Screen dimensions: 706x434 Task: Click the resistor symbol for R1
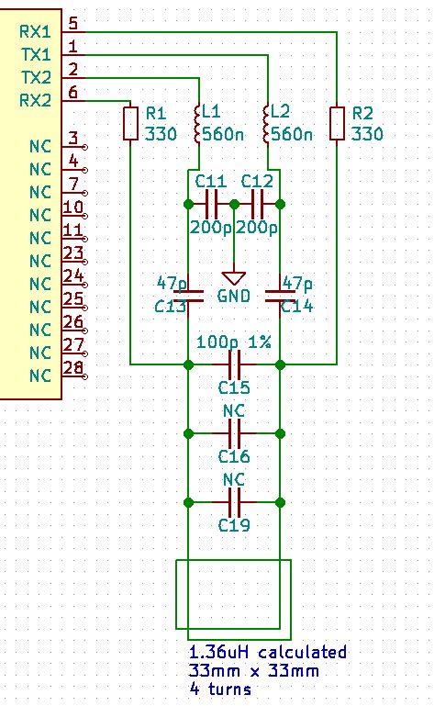point(130,124)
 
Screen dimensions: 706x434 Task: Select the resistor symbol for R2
point(337,124)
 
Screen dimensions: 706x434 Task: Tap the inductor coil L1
point(198,124)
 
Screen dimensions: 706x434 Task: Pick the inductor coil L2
point(268,124)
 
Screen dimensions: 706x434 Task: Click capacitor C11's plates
point(211,204)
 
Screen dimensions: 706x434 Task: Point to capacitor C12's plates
point(257,204)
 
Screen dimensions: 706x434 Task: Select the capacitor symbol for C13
point(188,295)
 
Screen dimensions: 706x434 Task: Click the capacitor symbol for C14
point(280,295)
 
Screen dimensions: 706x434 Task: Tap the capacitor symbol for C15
point(234,364)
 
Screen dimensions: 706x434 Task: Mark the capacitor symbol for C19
point(234,502)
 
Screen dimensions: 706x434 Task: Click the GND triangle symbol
point(234,277)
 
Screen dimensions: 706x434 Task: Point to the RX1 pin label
point(36,31)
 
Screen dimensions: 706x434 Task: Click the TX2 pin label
point(36,77)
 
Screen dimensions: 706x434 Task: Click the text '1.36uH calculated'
point(268,653)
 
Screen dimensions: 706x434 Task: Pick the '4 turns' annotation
point(220,689)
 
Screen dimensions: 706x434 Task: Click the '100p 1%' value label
point(234,342)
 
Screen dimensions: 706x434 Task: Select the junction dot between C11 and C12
point(234,204)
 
